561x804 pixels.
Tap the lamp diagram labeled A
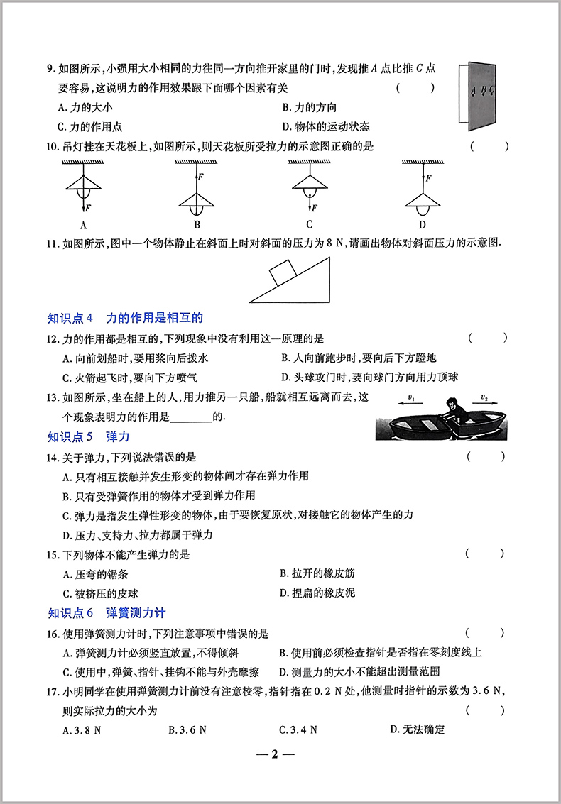pyautogui.click(x=83, y=188)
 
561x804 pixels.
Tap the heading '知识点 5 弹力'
pyautogui.click(x=88, y=436)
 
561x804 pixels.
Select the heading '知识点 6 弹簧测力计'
pyautogui.click(x=106, y=612)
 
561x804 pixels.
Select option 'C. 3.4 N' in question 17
pyautogui.click(x=298, y=729)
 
